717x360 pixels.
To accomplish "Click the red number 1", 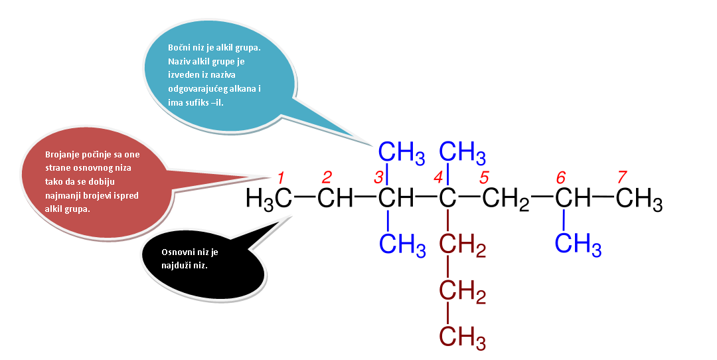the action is tap(281, 177).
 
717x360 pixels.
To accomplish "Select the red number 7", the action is tap(622, 177).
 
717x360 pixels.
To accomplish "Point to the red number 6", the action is tap(561, 177).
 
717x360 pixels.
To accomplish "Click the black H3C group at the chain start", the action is tap(269, 199).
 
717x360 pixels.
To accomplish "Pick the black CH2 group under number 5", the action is tap(506, 199).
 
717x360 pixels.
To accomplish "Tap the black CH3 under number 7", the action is tap(639, 199).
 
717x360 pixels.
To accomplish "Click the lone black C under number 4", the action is tap(447, 198).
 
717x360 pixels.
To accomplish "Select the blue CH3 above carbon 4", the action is tap(462, 152).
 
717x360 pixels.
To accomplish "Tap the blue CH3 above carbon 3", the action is tap(402, 152).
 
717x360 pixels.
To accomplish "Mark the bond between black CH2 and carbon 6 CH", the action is tap(542, 197).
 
